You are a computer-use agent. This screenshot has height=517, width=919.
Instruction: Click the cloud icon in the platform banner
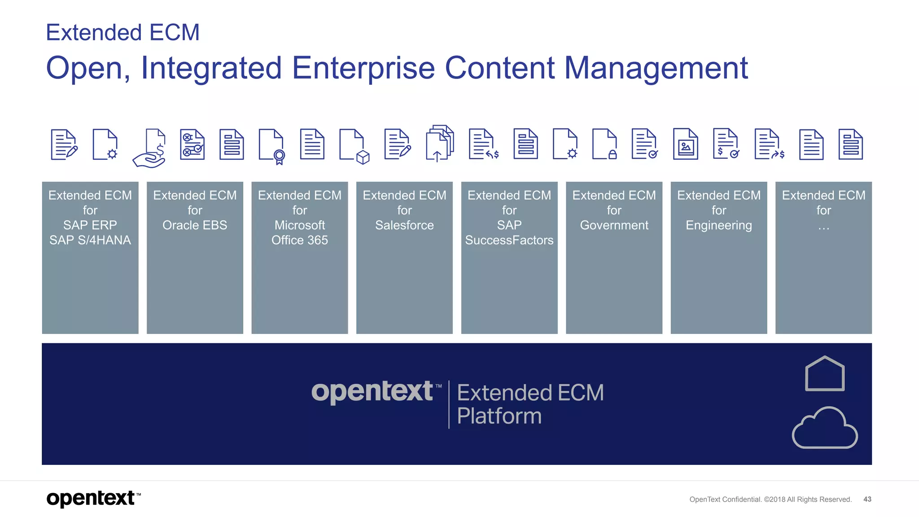(x=825, y=428)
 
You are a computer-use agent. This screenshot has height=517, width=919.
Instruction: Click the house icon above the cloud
(x=825, y=373)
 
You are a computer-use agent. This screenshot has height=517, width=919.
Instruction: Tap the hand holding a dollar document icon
(x=150, y=148)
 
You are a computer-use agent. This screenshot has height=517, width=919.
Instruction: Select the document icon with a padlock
(x=604, y=145)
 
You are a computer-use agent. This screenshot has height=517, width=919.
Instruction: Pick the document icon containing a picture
(x=685, y=145)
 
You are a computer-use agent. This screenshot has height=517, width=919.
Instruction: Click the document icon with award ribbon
(x=271, y=146)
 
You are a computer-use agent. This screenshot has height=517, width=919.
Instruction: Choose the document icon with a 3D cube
(x=354, y=146)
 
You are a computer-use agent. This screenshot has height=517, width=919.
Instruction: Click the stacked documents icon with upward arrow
(x=439, y=144)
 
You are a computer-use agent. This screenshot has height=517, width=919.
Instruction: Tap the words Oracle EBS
(x=195, y=225)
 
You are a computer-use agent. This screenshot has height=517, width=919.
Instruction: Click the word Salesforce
(x=404, y=225)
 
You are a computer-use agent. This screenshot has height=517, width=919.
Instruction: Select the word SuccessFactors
(x=509, y=240)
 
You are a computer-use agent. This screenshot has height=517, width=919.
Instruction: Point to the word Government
(x=614, y=225)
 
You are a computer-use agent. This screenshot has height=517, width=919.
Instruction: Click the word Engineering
(x=718, y=225)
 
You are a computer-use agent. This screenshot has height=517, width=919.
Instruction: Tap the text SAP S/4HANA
(x=90, y=240)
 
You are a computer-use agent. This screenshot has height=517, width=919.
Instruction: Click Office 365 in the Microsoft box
(x=299, y=240)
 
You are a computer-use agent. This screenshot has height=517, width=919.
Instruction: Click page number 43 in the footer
(x=867, y=499)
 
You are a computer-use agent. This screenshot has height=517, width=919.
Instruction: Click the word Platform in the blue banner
(x=499, y=416)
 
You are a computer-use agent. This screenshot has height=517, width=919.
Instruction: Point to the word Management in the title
(x=656, y=68)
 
